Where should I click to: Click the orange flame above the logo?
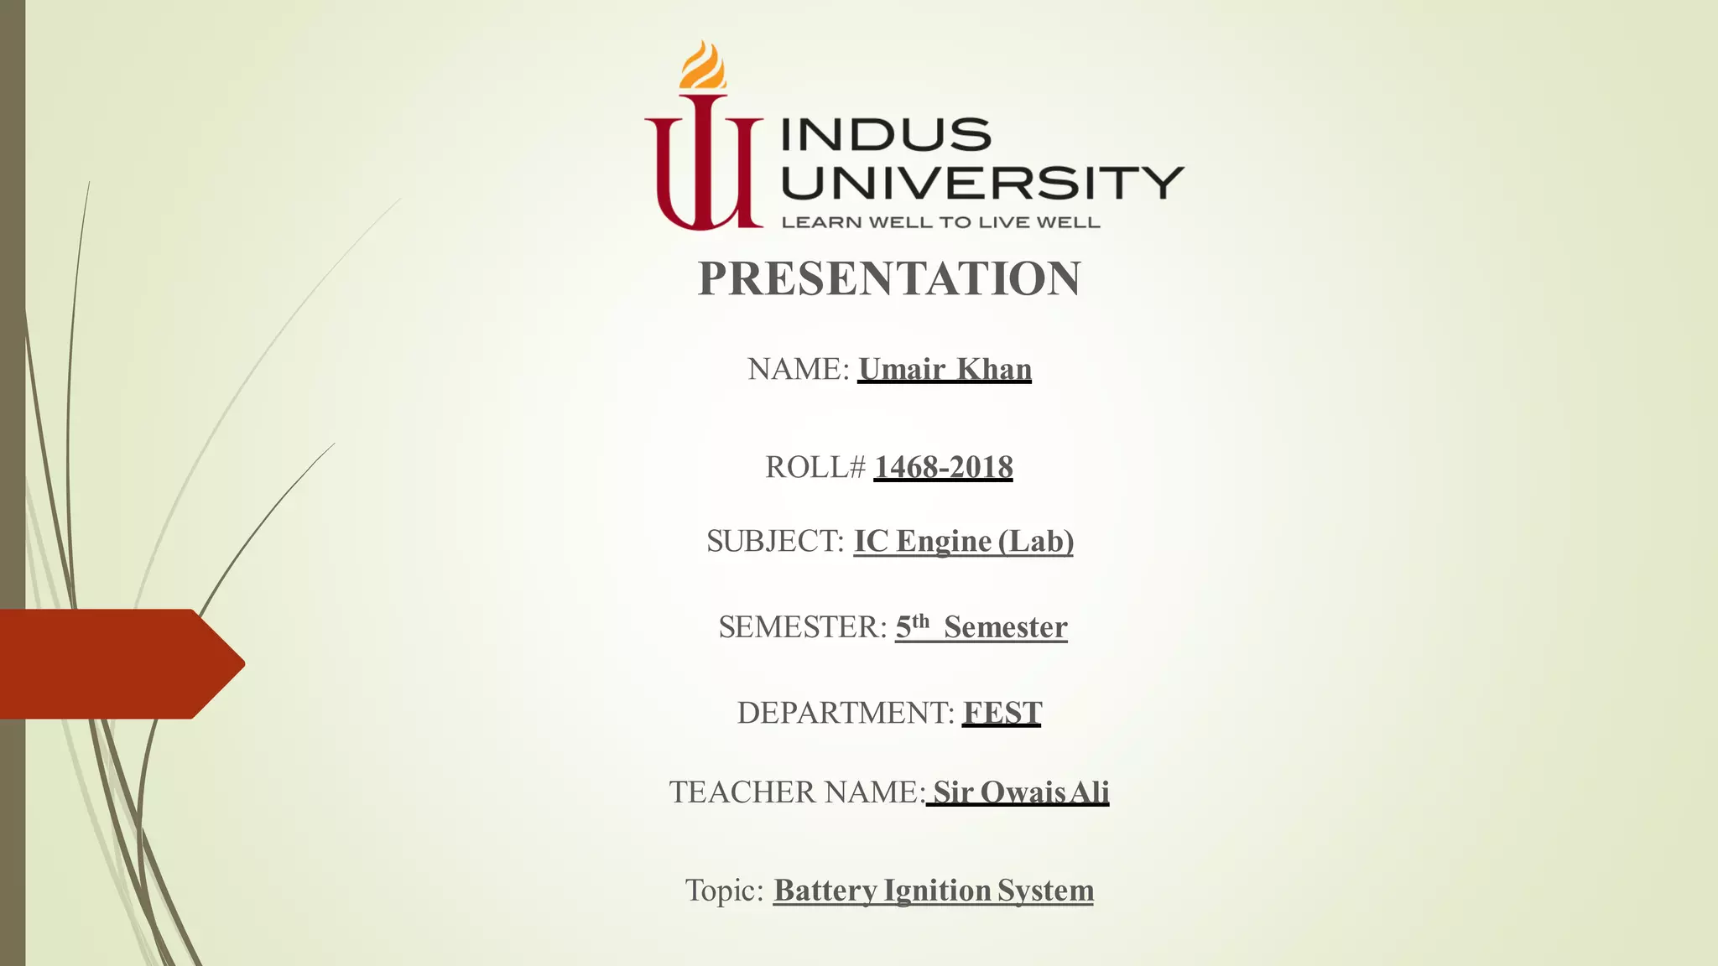703,65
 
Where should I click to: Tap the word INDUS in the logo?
887,135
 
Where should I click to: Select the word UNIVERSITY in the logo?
982,183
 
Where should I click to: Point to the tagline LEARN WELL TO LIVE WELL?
940,222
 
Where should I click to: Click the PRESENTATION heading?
889,278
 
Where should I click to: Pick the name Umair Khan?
945,369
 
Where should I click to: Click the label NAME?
799,369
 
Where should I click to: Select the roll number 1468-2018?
944,467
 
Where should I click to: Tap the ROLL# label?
815,467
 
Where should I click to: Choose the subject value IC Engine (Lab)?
964,541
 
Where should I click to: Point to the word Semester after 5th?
1005,627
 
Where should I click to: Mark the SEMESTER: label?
802,627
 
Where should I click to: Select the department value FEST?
1002,713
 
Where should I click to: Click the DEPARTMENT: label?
846,713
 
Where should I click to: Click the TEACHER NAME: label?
797,792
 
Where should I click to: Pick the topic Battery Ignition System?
934,890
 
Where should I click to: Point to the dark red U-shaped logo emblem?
703,168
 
